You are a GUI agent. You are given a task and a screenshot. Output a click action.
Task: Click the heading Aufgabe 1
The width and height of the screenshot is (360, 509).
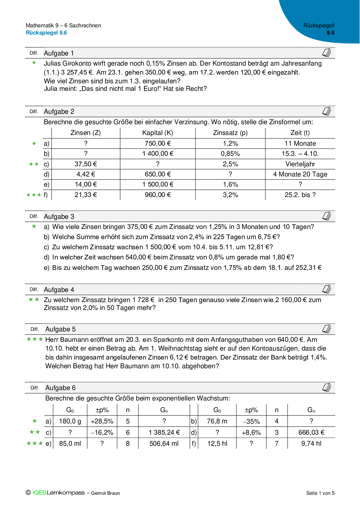point(59,53)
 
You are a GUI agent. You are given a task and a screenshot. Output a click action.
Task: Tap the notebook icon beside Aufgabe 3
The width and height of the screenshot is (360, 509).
point(327,216)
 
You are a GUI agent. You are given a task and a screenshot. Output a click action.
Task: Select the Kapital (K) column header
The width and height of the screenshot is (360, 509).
point(158,133)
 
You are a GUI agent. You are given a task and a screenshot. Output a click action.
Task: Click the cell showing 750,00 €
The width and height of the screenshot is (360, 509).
point(158,144)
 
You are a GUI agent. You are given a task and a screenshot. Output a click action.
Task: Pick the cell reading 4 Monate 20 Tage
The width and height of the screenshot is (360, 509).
point(300,174)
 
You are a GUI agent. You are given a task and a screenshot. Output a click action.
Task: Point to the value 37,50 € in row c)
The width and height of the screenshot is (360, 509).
point(86,164)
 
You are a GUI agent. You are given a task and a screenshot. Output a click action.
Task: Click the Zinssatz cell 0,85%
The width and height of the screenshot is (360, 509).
point(230,154)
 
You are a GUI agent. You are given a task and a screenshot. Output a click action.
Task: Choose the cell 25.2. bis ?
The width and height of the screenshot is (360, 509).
point(300,195)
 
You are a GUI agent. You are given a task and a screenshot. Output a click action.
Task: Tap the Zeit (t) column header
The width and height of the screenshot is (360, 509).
point(300,133)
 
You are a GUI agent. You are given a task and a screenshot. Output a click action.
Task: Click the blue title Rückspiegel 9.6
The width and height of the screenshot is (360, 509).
point(46,33)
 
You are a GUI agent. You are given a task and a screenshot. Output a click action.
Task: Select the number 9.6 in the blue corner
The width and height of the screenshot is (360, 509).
point(330,33)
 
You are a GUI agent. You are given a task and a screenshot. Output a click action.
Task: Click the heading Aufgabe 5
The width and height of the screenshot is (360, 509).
point(60,329)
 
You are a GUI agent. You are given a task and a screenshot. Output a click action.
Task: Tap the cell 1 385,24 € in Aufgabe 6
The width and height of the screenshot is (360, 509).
point(164,433)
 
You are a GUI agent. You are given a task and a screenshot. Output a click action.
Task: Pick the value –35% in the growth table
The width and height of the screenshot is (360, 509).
point(251,421)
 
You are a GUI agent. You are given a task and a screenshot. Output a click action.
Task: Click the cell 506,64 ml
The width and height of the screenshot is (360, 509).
point(164,444)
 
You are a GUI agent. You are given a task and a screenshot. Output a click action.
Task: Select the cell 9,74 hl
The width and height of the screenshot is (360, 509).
point(311,444)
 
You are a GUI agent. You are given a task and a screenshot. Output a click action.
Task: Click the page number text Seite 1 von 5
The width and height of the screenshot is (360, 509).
point(320,493)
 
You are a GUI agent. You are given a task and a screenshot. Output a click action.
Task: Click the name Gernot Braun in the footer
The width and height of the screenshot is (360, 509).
point(105,493)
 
